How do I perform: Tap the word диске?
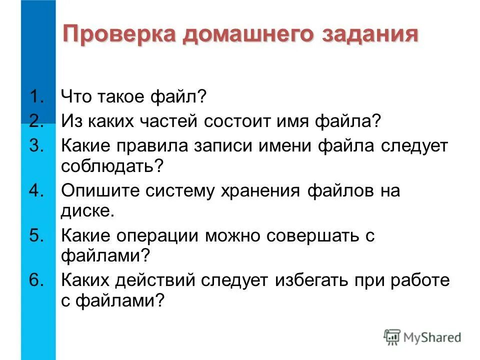coord(87,210)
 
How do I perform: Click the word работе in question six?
coord(419,281)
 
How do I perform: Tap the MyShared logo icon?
coord(391,337)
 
